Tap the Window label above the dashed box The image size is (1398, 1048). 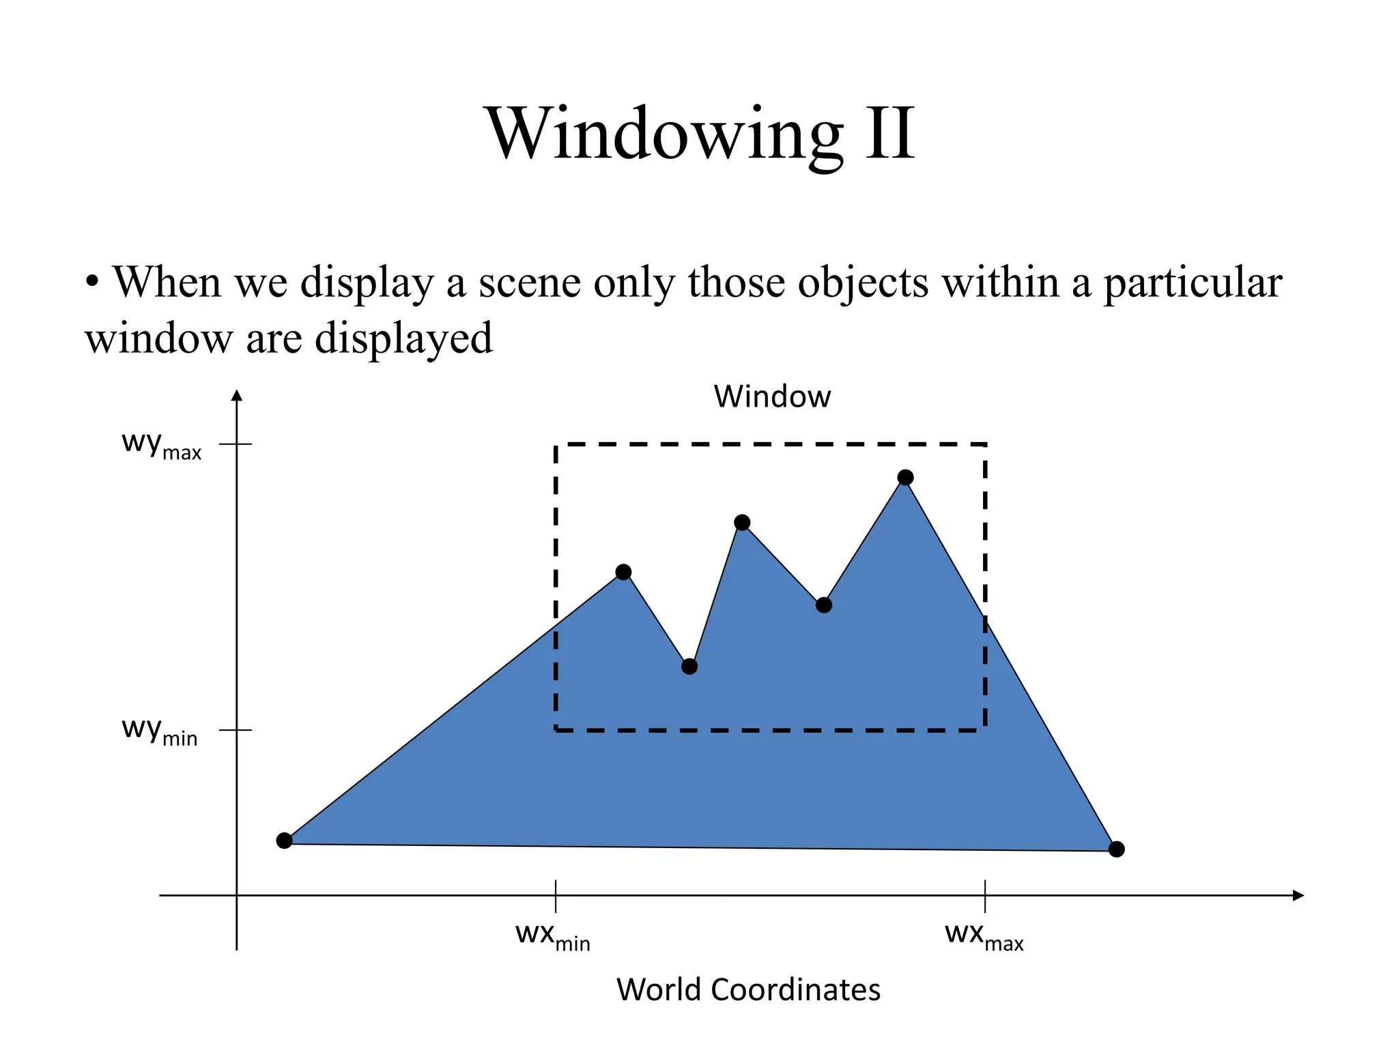click(772, 396)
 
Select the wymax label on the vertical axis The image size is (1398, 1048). click(161, 445)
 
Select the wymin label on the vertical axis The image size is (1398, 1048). click(159, 731)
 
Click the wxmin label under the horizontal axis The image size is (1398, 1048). click(552, 935)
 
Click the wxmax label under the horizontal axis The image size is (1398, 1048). click(984, 935)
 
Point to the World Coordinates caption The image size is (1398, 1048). click(748, 989)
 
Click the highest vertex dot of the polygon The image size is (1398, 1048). click(905, 478)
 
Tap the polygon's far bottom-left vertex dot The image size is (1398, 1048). click(285, 841)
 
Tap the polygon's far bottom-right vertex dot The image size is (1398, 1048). click(1116, 849)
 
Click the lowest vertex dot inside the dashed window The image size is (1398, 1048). click(689, 667)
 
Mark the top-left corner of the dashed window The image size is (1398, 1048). click(556, 445)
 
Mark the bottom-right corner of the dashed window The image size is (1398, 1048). click(985, 730)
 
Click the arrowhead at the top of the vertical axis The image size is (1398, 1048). click(237, 396)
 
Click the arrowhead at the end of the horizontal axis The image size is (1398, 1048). click(1298, 895)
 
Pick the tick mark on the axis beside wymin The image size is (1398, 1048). click(236, 730)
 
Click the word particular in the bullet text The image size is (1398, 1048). click(1193, 282)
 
